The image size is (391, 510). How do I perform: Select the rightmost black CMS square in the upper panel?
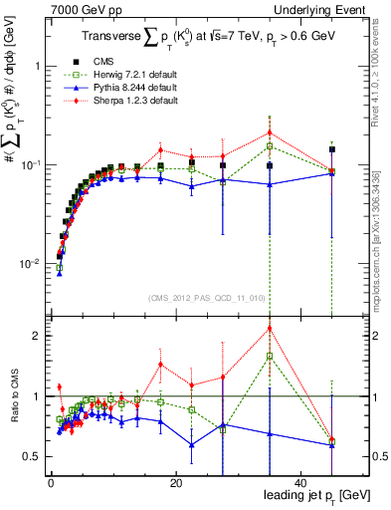pyautogui.click(x=332, y=149)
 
